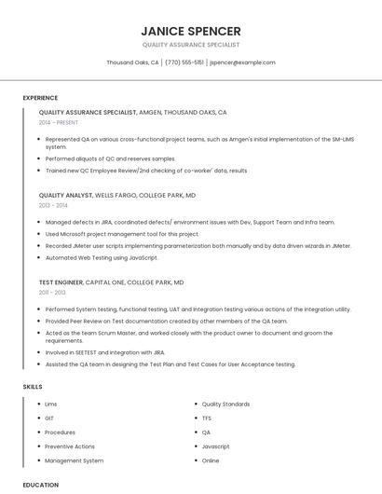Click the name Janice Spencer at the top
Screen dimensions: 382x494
coord(190,31)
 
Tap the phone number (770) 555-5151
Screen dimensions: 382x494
coord(184,62)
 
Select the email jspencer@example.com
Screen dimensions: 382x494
coord(242,62)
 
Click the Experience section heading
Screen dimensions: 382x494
coord(40,98)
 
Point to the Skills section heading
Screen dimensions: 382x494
coord(33,386)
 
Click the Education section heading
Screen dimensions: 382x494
coord(40,485)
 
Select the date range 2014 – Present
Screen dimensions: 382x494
coord(59,122)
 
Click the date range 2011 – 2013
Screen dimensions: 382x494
coord(52,293)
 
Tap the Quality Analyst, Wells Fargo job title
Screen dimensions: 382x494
coord(116,196)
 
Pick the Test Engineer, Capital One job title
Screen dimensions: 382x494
coord(111,281)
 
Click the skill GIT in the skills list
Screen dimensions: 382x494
coord(49,419)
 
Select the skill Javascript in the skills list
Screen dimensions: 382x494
coord(215,446)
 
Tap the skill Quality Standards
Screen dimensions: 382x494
coord(225,405)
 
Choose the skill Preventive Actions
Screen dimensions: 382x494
coord(70,446)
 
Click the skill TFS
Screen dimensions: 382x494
coord(207,419)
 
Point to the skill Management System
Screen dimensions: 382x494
coord(74,460)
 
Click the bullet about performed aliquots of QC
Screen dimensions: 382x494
coord(110,159)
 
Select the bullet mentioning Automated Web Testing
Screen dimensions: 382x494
coord(102,257)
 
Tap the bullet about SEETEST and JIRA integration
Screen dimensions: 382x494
coord(104,353)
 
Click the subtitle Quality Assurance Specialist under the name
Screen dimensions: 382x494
coord(190,45)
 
